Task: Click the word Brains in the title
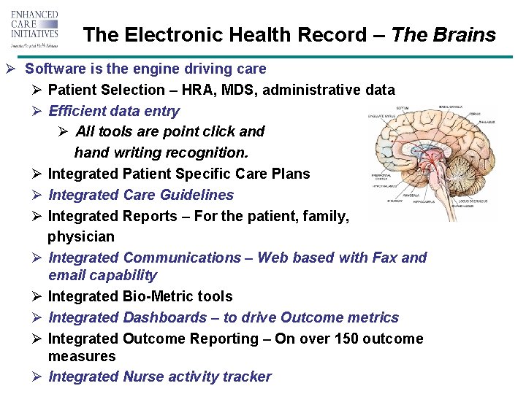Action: point(465,35)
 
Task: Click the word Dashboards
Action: point(165,317)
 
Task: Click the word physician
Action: point(81,236)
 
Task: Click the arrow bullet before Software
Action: point(11,69)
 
